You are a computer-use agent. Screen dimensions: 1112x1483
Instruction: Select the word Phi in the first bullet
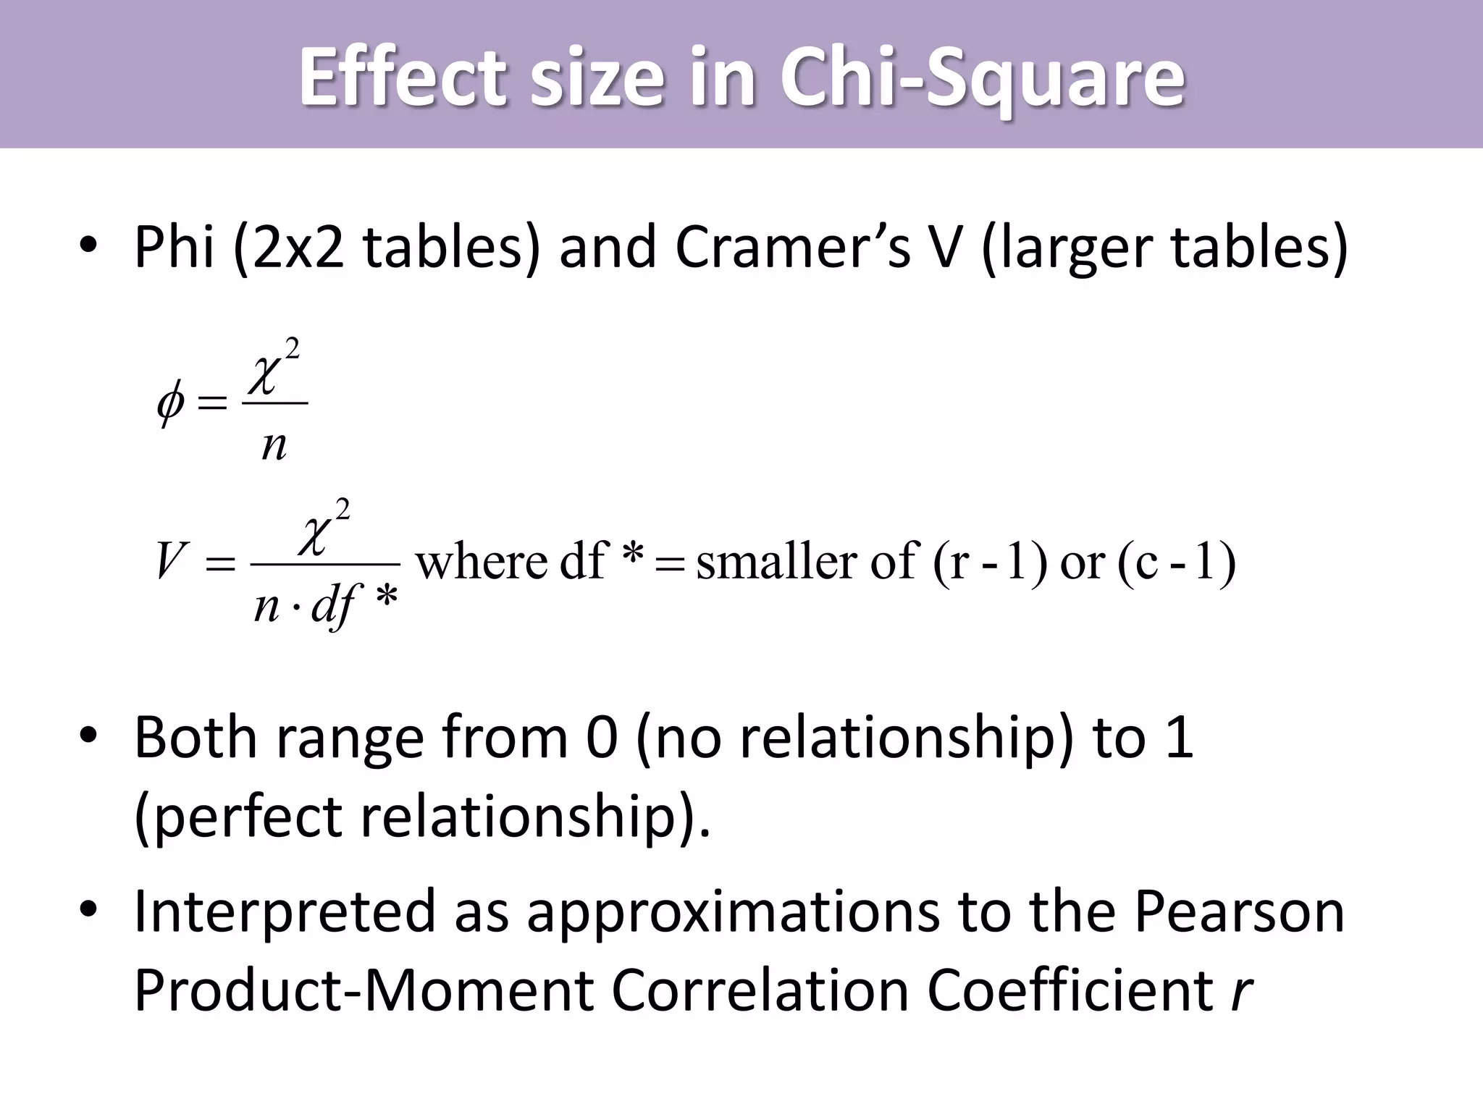[x=174, y=248]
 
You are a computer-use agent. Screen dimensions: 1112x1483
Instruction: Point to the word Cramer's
[x=792, y=248]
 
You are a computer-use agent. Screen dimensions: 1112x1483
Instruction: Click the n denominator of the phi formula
[x=274, y=445]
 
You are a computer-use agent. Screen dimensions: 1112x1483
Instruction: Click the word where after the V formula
[x=481, y=562]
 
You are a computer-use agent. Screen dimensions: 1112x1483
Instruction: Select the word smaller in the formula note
[x=776, y=562]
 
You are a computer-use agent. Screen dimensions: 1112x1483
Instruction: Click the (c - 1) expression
[x=1176, y=562]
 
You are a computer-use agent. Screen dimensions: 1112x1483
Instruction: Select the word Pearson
[x=1239, y=911]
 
